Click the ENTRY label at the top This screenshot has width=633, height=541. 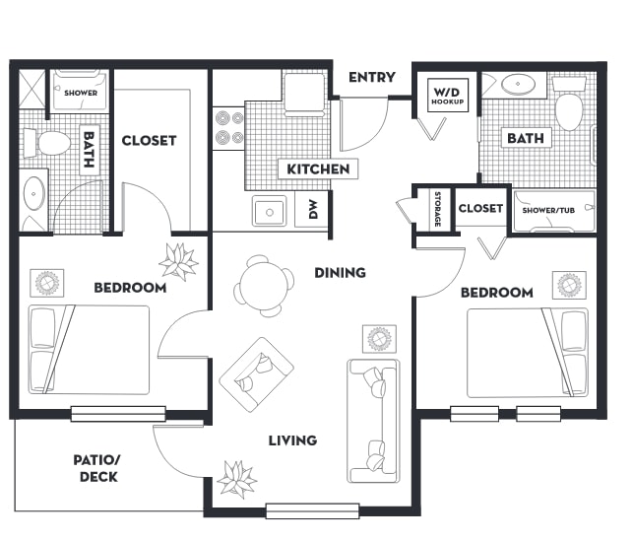(x=371, y=78)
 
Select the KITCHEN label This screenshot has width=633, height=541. (x=317, y=169)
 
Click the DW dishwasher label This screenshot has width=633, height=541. (x=313, y=209)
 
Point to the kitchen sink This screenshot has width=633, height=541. (x=269, y=211)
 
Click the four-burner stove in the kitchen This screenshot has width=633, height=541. (x=228, y=128)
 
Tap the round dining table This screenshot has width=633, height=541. (x=264, y=286)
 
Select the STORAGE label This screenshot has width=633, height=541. (x=436, y=209)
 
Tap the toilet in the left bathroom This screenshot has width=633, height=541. (x=50, y=144)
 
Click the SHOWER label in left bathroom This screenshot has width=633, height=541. (x=80, y=93)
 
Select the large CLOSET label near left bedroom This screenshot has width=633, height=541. (x=149, y=140)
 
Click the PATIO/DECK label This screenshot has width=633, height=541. (x=95, y=468)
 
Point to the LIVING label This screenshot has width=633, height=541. (x=292, y=440)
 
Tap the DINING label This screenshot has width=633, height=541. (x=340, y=273)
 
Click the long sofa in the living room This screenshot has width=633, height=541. (x=374, y=420)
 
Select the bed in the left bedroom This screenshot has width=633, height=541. (x=91, y=350)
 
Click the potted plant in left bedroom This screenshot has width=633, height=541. (x=179, y=261)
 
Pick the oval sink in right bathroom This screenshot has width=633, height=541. (x=518, y=85)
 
